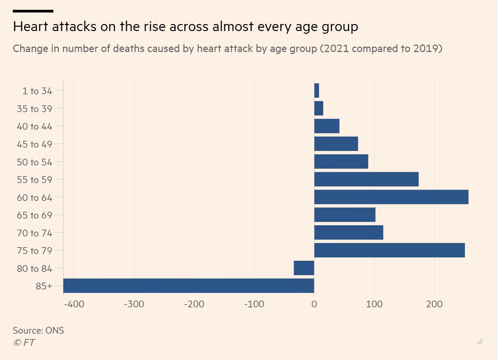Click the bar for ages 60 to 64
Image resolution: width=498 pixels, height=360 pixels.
point(391,197)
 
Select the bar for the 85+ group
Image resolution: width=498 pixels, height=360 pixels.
point(189,286)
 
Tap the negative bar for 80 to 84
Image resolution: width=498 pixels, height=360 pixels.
point(304,268)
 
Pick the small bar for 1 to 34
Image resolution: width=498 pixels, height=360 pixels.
point(317,91)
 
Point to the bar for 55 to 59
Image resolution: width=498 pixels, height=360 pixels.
point(366,179)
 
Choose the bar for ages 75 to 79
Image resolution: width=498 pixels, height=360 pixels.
point(389,250)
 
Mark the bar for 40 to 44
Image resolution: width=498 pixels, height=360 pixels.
point(327,126)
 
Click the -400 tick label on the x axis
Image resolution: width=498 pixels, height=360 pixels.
point(74,304)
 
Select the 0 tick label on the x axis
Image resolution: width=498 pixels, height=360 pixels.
point(314,304)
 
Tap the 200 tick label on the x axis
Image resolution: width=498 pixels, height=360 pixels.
point(434,304)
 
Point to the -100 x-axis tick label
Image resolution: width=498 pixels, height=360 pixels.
point(254,304)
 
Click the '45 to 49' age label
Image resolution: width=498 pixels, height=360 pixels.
point(34,144)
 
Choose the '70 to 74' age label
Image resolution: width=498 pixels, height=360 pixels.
point(34,233)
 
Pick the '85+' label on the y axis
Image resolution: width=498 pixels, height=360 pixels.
point(44,286)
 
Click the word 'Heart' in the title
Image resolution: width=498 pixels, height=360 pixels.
point(31,26)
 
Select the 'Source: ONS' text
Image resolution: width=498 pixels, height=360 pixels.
point(38,330)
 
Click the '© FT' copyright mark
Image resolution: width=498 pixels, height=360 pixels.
point(24,342)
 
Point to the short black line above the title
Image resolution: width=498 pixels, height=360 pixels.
point(33,11)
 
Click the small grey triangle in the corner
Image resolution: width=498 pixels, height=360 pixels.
point(480,341)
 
